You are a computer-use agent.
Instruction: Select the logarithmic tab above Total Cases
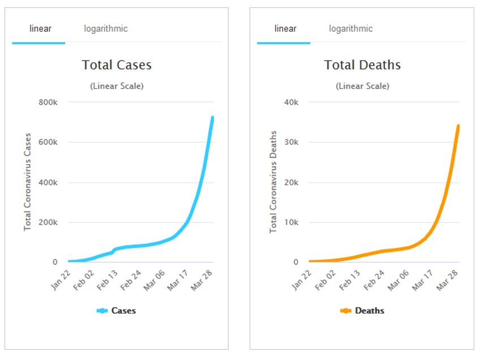coord(106,29)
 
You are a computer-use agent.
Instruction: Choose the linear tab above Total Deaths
coord(285,29)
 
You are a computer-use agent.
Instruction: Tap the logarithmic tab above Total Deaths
coord(351,29)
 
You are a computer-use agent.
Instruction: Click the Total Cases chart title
coord(117,65)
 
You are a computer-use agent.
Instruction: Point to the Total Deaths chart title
coord(362,65)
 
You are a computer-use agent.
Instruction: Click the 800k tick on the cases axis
coord(48,102)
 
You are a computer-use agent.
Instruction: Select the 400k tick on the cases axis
coord(48,182)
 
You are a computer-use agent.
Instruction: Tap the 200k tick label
coord(48,222)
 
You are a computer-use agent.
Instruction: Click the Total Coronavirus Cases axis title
coord(27,182)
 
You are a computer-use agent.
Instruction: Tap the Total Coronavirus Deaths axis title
coord(273,182)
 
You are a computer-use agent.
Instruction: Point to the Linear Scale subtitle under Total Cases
coord(117,86)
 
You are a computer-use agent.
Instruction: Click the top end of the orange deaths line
coord(458,126)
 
